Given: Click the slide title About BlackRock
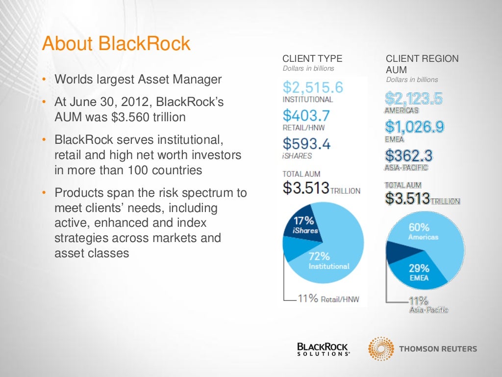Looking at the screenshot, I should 116,44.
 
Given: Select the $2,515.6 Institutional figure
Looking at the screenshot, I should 313,88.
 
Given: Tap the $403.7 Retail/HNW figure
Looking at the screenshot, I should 306,116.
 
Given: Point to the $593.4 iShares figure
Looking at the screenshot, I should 306,144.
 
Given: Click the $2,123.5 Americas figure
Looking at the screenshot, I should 414,99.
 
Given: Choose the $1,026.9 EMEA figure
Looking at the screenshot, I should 415,127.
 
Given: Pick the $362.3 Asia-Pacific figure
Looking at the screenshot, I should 408,156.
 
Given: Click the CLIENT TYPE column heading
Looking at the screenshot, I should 312,58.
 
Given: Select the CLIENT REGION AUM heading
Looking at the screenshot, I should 422,64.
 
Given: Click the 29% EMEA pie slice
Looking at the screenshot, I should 419,272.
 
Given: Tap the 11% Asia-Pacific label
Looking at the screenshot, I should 428,305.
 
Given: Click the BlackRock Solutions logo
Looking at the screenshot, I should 323,349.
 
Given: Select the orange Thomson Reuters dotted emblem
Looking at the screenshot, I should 380,349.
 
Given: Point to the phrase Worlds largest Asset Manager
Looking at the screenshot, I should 138,79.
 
